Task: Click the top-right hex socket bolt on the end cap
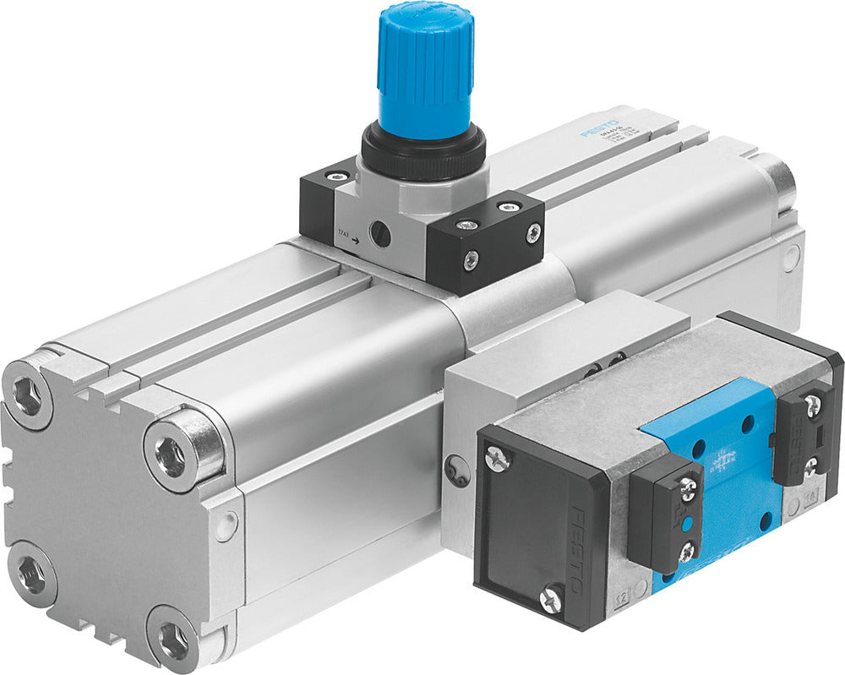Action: (x=175, y=457)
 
